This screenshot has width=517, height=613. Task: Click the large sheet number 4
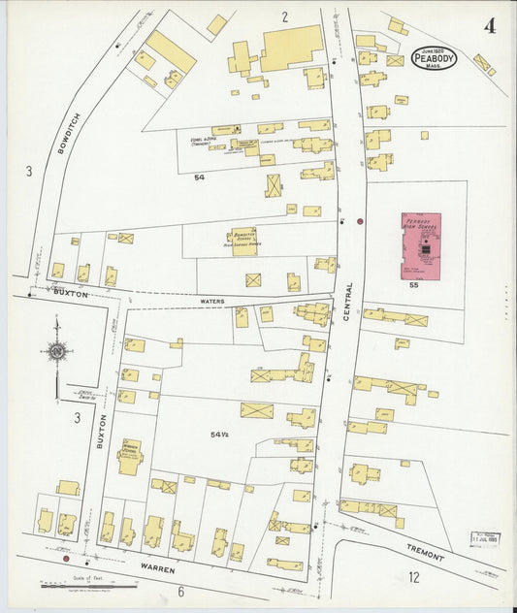pyautogui.click(x=490, y=26)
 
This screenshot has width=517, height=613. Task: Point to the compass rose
pyautogui.click(x=57, y=351)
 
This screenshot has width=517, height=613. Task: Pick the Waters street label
pyautogui.click(x=212, y=302)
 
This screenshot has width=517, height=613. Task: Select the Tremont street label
pyautogui.click(x=426, y=553)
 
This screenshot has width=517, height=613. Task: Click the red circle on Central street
pyautogui.click(x=360, y=221)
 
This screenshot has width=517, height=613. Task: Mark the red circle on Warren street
pyautogui.click(x=66, y=559)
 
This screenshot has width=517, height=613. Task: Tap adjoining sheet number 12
pyautogui.click(x=413, y=579)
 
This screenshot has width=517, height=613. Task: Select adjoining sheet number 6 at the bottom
pyautogui.click(x=180, y=590)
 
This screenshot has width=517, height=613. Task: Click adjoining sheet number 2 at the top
pyautogui.click(x=285, y=16)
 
